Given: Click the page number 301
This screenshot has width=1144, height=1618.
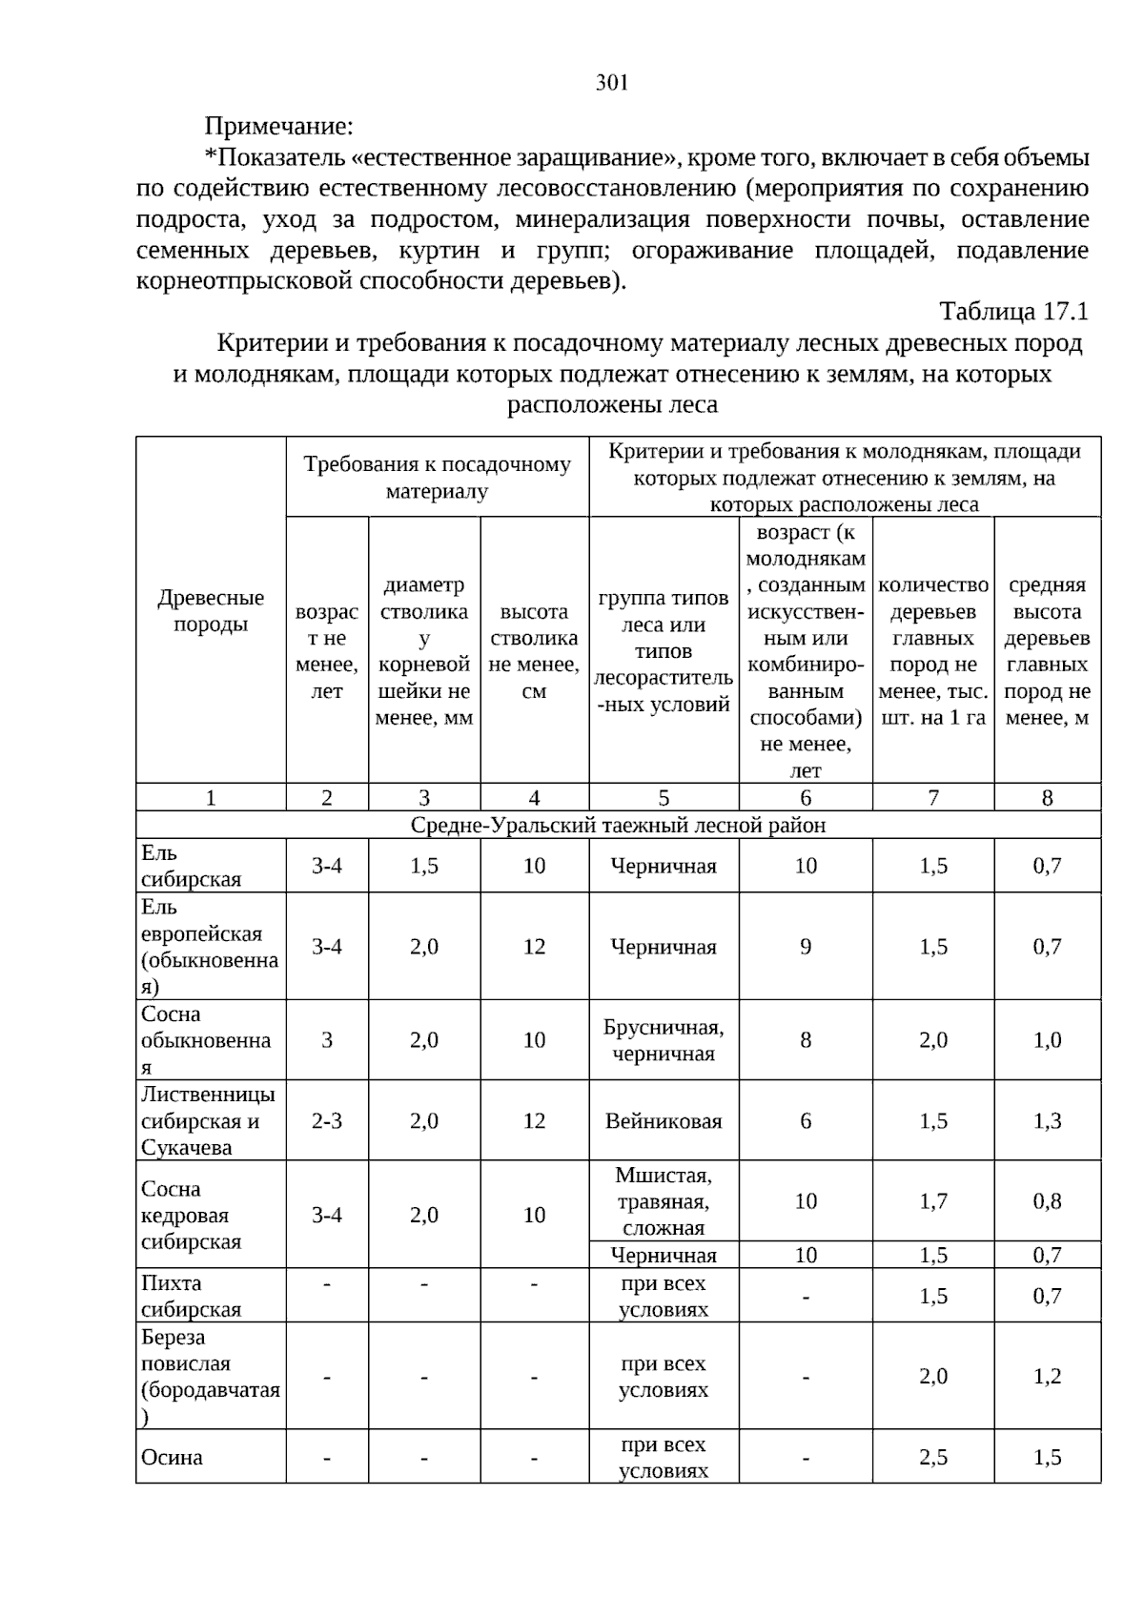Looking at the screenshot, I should point(612,83).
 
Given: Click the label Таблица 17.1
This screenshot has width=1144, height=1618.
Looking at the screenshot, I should point(1013,312).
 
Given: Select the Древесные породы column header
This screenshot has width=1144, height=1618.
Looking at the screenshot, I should point(211,611).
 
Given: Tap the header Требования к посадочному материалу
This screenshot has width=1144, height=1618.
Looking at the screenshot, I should point(437,478).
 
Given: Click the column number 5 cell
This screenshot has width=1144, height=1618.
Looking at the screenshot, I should point(664,798).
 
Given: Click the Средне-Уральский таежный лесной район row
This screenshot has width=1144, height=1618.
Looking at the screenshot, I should point(618,825).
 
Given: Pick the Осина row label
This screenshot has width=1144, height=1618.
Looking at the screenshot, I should point(173,1457).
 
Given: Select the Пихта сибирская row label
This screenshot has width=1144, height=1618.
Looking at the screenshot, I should point(191,1296).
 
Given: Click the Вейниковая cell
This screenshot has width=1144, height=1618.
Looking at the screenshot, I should point(664,1121).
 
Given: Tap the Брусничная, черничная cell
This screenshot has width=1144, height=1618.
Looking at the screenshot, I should point(664,1040).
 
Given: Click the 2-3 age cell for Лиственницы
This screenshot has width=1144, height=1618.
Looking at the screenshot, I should point(327,1121).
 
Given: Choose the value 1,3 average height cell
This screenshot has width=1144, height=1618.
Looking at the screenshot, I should point(1047,1121).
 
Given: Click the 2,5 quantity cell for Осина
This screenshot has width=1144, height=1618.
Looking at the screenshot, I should point(933,1457).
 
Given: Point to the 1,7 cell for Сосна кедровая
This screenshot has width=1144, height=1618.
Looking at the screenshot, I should point(933,1201).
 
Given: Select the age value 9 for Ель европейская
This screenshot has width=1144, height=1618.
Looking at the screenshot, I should point(806,947).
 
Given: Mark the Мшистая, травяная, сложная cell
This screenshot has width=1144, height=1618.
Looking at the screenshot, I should point(664,1201).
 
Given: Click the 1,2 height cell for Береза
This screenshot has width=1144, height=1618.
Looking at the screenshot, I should point(1047,1376).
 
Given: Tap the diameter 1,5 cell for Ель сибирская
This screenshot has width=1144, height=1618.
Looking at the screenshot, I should point(424,866).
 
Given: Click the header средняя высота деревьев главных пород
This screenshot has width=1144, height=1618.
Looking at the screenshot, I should point(1047,651).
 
